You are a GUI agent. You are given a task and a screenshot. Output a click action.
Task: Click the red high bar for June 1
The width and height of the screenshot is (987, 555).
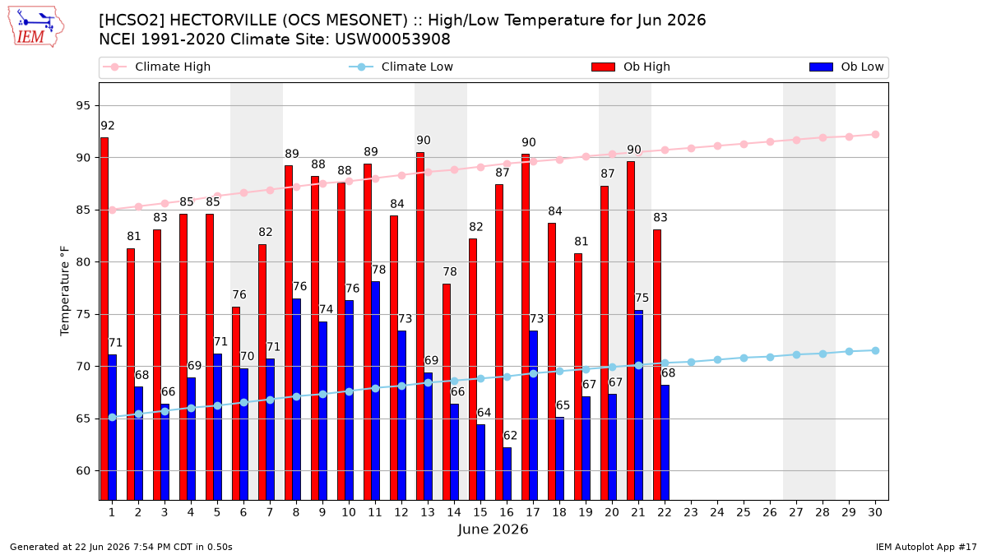[x=104, y=319]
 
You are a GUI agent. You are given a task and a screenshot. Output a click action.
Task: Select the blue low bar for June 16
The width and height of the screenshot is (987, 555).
[x=507, y=474]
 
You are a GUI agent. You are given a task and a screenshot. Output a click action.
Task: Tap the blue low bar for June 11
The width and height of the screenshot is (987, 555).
[x=375, y=391]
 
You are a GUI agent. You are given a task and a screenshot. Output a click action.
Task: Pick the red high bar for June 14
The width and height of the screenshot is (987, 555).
[x=447, y=392]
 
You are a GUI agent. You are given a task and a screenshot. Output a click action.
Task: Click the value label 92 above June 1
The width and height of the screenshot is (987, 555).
[x=108, y=126]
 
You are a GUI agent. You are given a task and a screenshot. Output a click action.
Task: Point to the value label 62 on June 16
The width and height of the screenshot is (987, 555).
[x=510, y=436]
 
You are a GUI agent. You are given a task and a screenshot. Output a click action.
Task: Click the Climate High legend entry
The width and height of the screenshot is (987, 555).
[x=157, y=67]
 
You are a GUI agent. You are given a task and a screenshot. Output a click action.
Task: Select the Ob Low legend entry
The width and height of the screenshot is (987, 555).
[x=846, y=67]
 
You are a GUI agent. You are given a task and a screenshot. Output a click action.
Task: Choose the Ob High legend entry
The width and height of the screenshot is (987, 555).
[x=631, y=67]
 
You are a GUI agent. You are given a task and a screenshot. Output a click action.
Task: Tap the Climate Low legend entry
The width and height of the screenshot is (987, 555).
[x=401, y=67]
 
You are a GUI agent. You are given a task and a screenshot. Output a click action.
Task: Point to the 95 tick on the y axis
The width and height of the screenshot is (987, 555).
[x=83, y=106]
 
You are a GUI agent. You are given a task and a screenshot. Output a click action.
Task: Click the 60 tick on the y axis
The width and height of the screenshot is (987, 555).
[x=83, y=471]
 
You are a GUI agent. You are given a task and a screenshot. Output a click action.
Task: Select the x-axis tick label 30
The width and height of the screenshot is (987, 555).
[x=875, y=512]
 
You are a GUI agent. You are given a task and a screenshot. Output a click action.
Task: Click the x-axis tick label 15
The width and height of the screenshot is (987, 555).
[x=480, y=512]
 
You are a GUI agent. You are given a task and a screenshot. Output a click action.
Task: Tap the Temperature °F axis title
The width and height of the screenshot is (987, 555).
[x=64, y=291]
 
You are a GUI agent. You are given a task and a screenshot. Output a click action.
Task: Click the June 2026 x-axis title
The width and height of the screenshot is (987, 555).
[x=493, y=529]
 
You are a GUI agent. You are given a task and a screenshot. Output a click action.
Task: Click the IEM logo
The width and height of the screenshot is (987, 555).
[x=36, y=27]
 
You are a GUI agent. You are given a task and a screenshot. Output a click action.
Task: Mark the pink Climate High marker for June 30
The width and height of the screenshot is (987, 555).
[x=875, y=134]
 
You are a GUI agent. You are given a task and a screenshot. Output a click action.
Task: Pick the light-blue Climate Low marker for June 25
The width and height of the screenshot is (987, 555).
[x=744, y=358]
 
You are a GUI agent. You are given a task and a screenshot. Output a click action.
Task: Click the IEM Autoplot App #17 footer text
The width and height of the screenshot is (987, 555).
[x=926, y=547]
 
